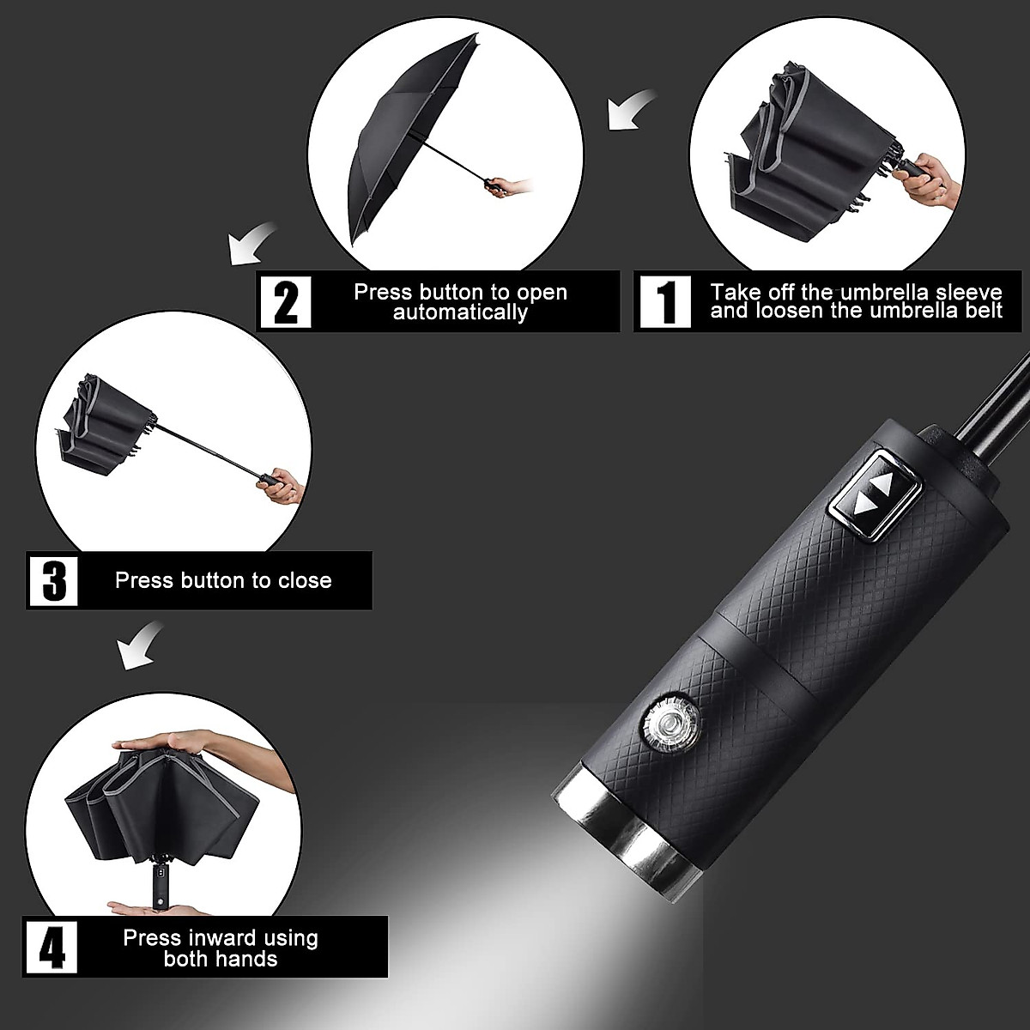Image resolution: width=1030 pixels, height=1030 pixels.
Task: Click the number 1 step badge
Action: click(x=665, y=301)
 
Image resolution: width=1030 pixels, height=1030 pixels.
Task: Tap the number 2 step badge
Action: click(x=286, y=301)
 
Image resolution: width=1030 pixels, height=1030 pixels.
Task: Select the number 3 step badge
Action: click(x=53, y=580)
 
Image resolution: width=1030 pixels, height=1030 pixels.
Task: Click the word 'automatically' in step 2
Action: click(x=460, y=312)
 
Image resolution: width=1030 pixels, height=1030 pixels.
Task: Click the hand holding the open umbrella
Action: click(x=513, y=185)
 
